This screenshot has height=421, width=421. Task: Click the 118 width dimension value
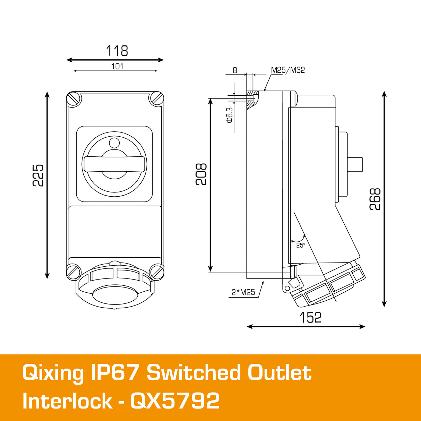(117, 51)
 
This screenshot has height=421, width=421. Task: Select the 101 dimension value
(117, 66)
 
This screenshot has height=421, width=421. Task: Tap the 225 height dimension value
(38, 175)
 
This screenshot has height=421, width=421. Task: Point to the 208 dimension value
(201, 174)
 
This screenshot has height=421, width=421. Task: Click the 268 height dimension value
(375, 199)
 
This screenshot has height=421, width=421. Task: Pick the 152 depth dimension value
(310, 318)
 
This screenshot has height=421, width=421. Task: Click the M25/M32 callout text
(288, 70)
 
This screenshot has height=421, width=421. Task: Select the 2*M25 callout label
(243, 292)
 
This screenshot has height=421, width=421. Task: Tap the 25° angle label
(300, 245)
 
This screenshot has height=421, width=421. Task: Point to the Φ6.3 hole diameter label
(229, 115)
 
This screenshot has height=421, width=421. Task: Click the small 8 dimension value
(235, 70)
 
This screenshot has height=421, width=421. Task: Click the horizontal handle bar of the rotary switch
(114, 164)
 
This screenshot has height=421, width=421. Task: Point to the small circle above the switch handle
(114, 143)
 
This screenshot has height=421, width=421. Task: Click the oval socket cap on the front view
(114, 295)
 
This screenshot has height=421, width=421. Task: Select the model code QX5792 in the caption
(175, 401)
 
